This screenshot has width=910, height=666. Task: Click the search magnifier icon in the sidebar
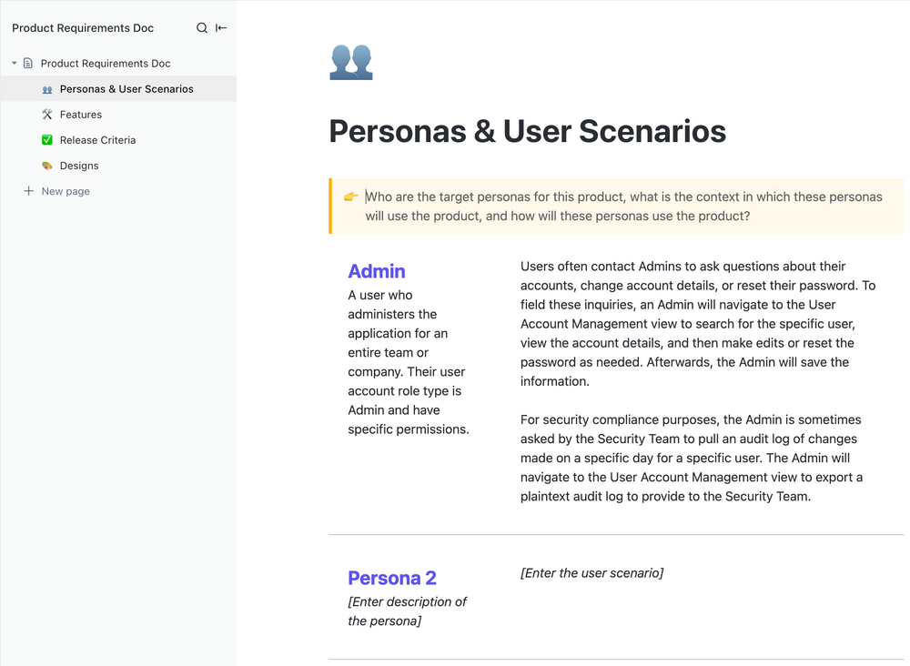(202, 28)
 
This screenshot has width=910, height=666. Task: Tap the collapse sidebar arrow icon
(221, 28)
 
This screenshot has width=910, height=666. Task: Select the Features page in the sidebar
(81, 115)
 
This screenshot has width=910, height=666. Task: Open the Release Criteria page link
(97, 140)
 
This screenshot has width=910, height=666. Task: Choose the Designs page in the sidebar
(79, 166)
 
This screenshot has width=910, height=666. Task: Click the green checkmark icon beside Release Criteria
(47, 140)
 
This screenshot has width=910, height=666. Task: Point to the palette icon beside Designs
(47, 166)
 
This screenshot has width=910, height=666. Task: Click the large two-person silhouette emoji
(351, 61)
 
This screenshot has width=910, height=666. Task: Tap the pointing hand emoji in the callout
(351, 197)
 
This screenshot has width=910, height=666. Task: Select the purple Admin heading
(377, 271)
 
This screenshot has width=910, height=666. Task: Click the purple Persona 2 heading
(392, 578)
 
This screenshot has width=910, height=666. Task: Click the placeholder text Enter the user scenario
(591, 572)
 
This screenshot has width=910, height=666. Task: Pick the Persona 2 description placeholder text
(407, 611)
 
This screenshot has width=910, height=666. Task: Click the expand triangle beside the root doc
(15, 64)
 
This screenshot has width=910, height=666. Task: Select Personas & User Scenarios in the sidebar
(126, 89)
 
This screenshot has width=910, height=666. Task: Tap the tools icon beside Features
(47, 115)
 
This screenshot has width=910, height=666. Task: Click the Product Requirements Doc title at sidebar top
(83, 28)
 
